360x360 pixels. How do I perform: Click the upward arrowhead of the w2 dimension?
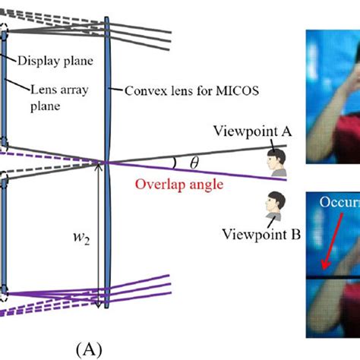click(x=97, y=166)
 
